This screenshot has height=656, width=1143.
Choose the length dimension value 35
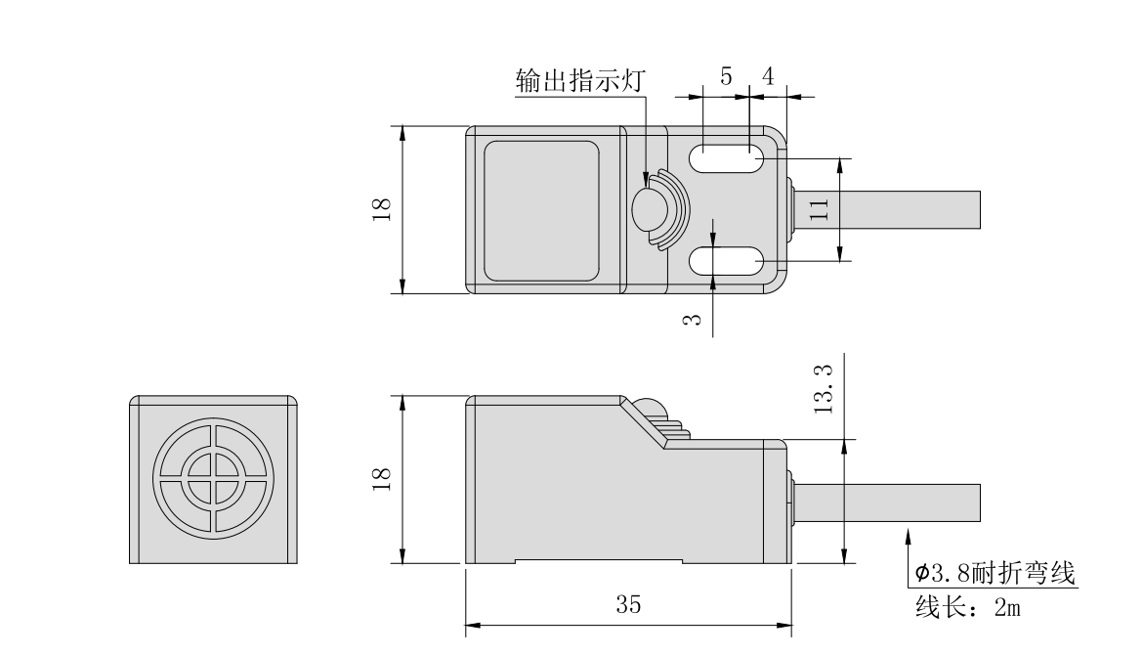click(x=628, y=605)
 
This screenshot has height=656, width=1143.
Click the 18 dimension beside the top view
click(x=383, y=209)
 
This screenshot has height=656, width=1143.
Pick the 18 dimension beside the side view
click(x=383, y=479)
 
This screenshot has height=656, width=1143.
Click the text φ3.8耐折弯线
click(x=994, y=574)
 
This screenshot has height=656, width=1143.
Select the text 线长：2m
click(x=967, y=607)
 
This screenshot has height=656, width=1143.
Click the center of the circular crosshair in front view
click(x=213, y=479)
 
